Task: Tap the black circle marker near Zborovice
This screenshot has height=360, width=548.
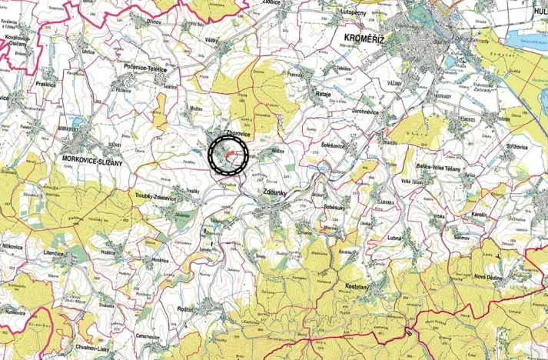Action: click(228, 156)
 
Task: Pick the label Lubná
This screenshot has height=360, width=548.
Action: click(396, 238)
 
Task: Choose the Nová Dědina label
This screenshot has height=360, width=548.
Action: click(491, 277)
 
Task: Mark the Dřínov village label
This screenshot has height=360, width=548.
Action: click(154, 22)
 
